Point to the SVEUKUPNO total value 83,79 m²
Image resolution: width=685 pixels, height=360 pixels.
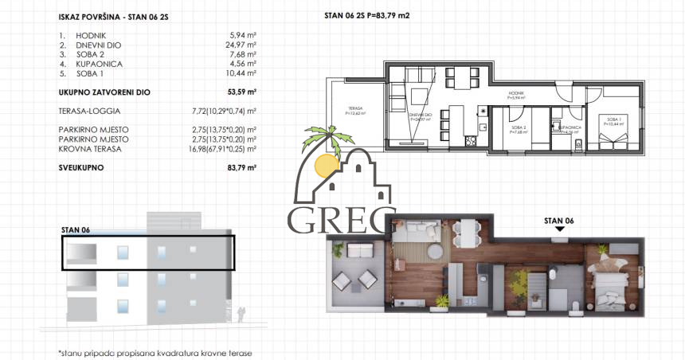(241, 168)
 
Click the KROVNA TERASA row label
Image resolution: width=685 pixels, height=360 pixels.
(91, 148)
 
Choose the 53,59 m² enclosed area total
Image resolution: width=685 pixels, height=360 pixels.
(240, 92)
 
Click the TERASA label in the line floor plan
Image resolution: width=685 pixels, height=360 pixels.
(354, 109)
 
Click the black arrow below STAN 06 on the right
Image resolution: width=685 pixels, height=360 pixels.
(559, 229)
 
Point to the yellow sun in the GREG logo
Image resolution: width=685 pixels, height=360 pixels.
(324, 165)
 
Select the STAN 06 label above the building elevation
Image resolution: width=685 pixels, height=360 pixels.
(76, 229)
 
